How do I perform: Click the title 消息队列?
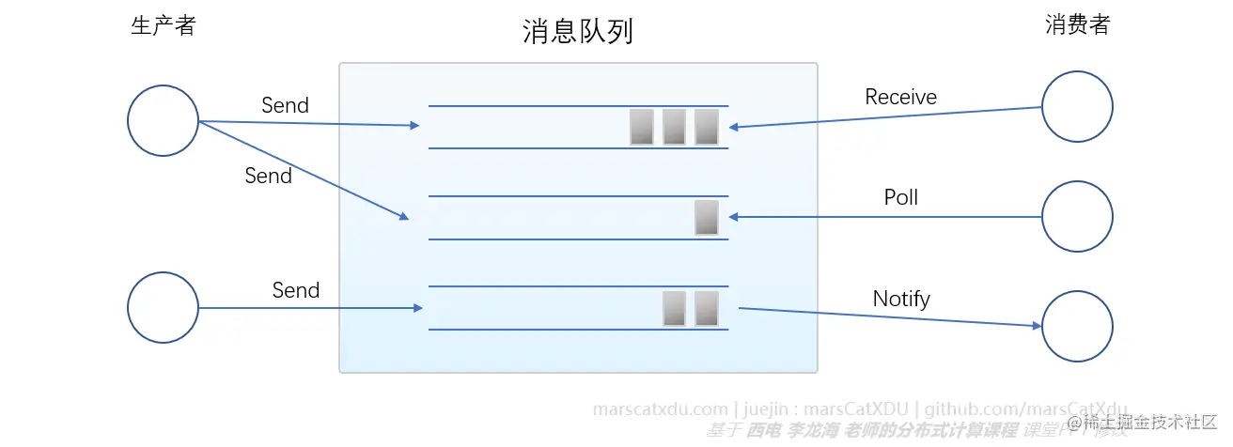coord(577,33)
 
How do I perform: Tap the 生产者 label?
coord(163,25)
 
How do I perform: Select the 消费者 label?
coord(1077,25)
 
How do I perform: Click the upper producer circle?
coord(163,121)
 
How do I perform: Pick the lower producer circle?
coord(163,307)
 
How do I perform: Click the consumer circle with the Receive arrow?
coord(1077,107)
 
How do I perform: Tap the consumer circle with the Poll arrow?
coord(1077,217)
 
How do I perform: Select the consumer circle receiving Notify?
coord(1077,326)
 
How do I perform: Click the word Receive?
coord(900,97)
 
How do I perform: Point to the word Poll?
coord(900,197)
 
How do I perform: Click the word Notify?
coord(900,299)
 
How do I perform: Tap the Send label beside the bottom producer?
coord(296,290)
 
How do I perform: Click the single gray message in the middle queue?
coord(706,217)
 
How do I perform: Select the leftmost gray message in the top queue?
coord(642,127)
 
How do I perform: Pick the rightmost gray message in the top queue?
coord(706,127)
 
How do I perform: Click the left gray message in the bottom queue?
coord(674,308)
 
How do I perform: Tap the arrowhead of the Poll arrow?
coord(734,217)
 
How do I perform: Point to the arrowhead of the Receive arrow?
coord(734,127)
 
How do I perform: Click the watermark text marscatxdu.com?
coord(661,409)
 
